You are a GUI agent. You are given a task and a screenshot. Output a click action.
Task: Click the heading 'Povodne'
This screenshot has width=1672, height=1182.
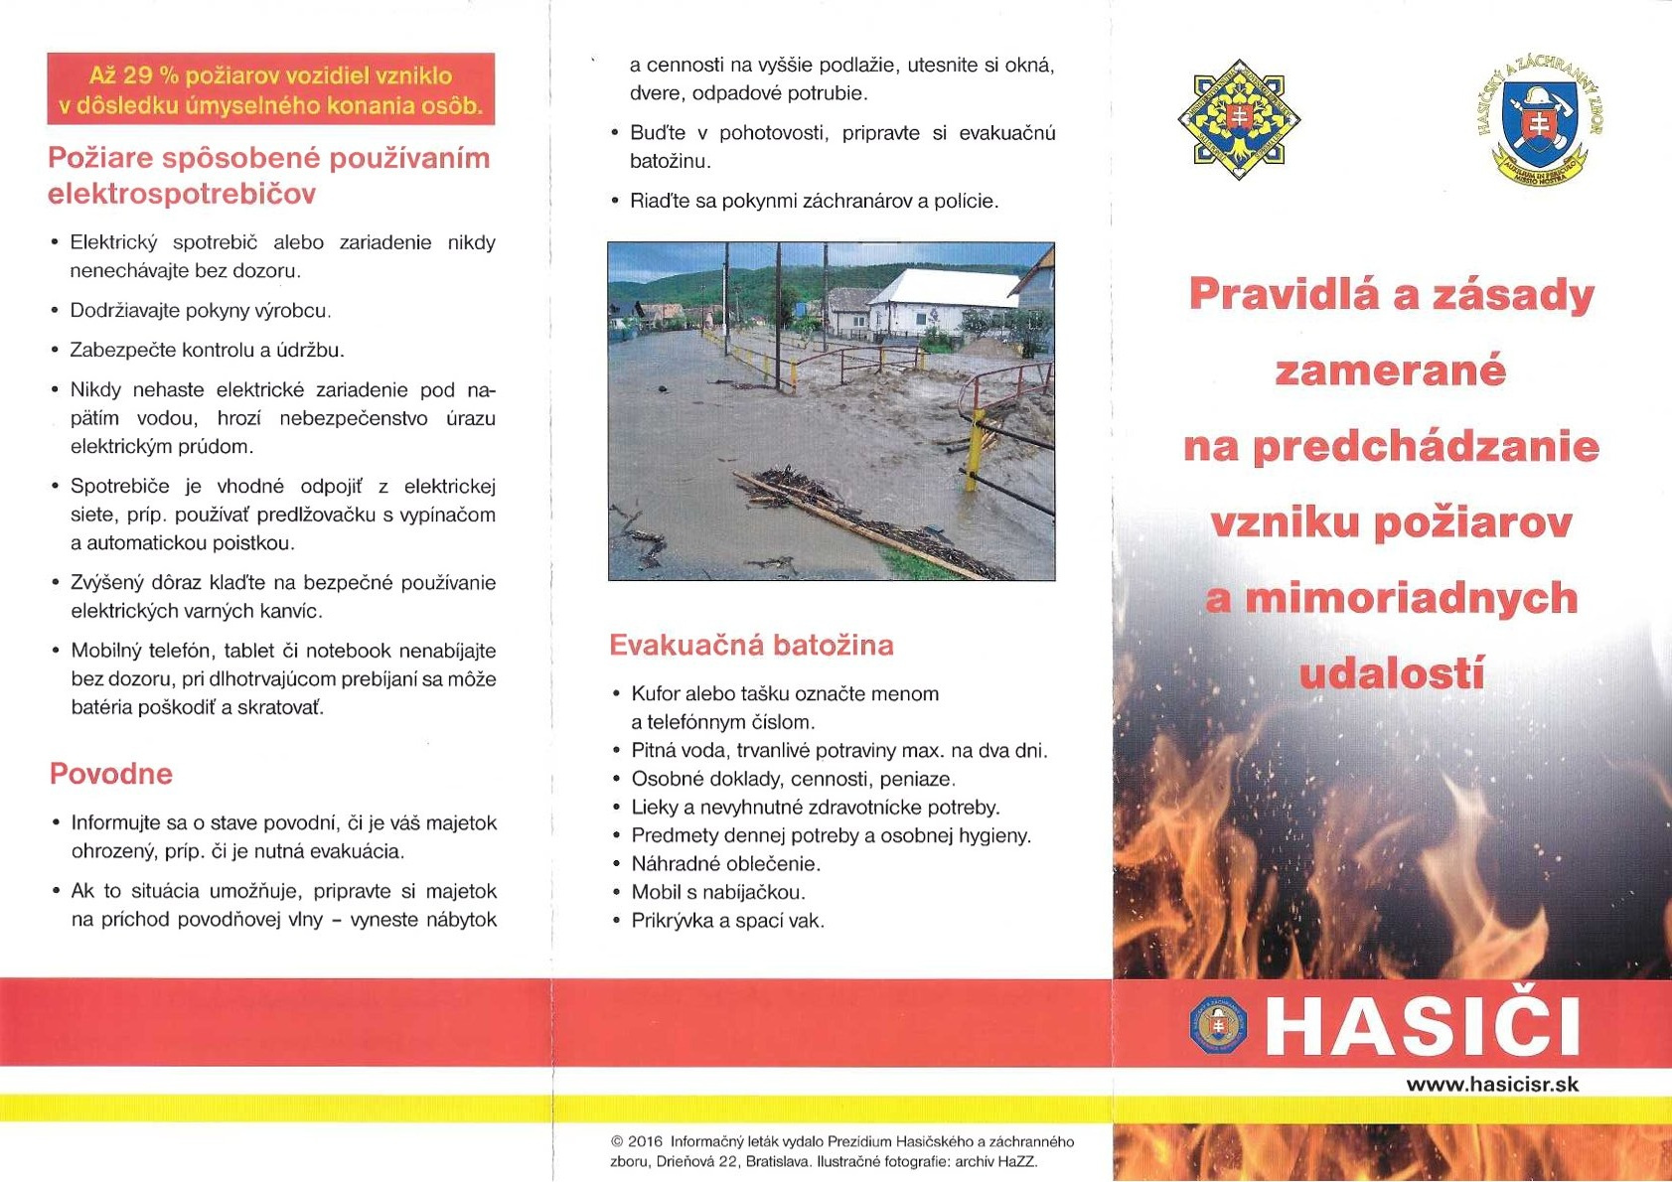click(110, 774)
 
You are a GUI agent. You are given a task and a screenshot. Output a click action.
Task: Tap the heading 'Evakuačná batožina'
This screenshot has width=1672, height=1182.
click(751, 646)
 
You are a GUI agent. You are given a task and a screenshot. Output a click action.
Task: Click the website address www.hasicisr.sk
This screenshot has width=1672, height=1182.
click(1492, 1084)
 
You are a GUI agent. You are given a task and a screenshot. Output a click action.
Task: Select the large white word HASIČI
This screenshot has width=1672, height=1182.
click(1423, 1026)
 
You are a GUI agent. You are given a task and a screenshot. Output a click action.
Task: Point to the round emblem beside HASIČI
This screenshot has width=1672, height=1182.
click(1218, 1026)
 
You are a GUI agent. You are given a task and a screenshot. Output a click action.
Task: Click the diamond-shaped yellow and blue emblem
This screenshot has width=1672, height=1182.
click(1239, 119)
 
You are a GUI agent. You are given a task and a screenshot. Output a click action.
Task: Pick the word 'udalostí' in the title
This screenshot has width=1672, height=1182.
click(1391, 674)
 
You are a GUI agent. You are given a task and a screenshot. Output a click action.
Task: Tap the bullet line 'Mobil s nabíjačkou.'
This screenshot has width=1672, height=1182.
click(718, 892)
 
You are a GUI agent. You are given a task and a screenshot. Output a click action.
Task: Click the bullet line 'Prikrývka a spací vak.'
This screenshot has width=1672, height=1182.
click(727, 921)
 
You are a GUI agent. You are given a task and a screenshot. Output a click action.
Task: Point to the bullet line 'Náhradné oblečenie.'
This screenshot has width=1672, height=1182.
click(725, 863)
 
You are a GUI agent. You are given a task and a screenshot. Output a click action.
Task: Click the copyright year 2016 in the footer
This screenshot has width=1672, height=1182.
click(646, 1142)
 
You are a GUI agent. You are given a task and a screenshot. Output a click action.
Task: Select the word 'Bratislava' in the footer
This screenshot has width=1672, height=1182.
click(778, 1161)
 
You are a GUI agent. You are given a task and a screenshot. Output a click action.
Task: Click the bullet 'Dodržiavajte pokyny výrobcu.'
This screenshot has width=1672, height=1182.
click(199, 311)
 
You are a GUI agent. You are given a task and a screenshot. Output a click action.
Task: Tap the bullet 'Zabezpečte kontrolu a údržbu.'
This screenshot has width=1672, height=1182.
click(207, 350)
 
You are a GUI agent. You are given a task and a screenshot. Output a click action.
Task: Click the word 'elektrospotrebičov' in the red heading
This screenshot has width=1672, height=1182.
click(182, 194)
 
